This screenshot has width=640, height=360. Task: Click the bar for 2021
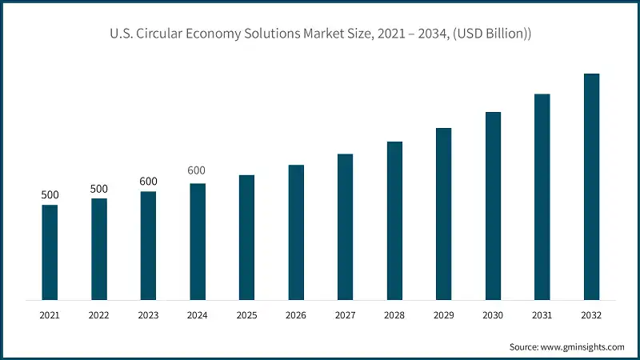coord(50,252)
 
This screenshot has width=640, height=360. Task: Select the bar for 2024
coord(198,242)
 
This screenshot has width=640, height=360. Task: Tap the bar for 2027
coord(345,226)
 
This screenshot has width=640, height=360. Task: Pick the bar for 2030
coord(493,206)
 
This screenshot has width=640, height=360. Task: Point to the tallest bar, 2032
coord(591,186)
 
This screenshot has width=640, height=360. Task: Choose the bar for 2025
coord(246,237)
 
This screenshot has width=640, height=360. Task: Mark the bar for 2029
coord(443,214)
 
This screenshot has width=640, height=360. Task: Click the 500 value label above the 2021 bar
coord(50,195)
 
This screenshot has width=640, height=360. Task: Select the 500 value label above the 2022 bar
coord(99,189)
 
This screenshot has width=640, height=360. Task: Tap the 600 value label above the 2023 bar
coord(148,182)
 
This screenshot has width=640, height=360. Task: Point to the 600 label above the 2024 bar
coord(197,170)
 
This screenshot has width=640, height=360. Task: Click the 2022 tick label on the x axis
coord(99,316)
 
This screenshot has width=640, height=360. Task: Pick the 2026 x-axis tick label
coord(296,316)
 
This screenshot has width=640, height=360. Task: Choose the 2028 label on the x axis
coord(394,316)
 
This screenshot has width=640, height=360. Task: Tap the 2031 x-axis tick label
coord(542,316)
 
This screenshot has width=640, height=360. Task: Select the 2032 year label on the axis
coord(591,316)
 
